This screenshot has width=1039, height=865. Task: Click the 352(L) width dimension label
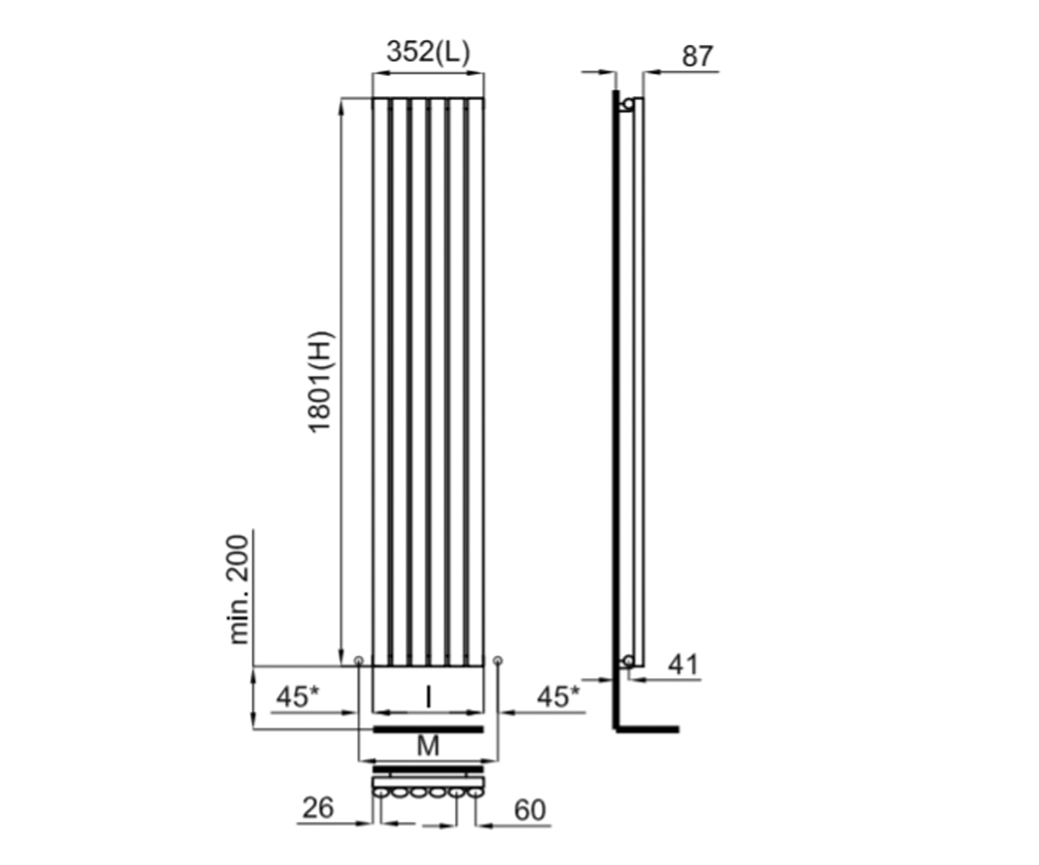tap(428, 52)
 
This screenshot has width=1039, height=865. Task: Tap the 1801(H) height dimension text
tap(321, 381)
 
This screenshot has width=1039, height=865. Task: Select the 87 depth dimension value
tap(697, 56)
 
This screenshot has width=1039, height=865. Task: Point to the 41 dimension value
tap(683, 664)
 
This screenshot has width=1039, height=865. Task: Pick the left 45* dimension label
tap(298, 696)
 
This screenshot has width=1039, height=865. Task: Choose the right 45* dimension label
tap(558, 696)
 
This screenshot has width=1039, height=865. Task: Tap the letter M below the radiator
tap(428, 746)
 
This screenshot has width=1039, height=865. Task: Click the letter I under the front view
tap(429, 696)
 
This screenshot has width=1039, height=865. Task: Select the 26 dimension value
tap(318, 808)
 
